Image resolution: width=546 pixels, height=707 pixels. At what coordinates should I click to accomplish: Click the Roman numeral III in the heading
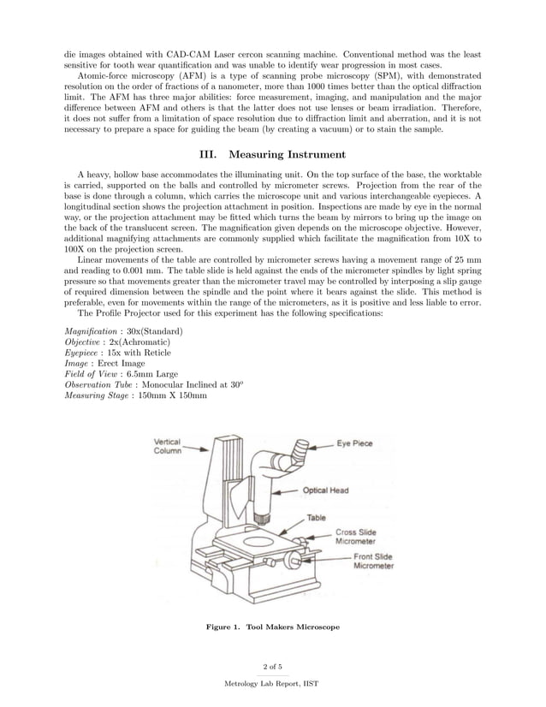[210, 155]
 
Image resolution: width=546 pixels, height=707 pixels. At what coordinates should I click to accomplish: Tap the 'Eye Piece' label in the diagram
[353, 444]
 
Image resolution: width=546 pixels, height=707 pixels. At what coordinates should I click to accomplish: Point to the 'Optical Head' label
[325, 490]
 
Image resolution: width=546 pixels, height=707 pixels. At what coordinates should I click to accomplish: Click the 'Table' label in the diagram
[317, 519]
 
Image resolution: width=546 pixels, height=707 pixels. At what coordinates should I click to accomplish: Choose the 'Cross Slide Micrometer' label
[354, 537]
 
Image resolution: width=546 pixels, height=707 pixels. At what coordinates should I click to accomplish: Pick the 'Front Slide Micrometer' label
[373, 561]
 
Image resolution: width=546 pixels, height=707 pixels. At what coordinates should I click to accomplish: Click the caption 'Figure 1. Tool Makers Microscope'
[273, 627]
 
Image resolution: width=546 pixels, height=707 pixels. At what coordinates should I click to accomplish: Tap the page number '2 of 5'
[272, 666]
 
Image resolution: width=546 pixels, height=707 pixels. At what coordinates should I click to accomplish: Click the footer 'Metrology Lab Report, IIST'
[272, 685]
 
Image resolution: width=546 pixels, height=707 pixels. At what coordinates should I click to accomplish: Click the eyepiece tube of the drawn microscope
[300, 449]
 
